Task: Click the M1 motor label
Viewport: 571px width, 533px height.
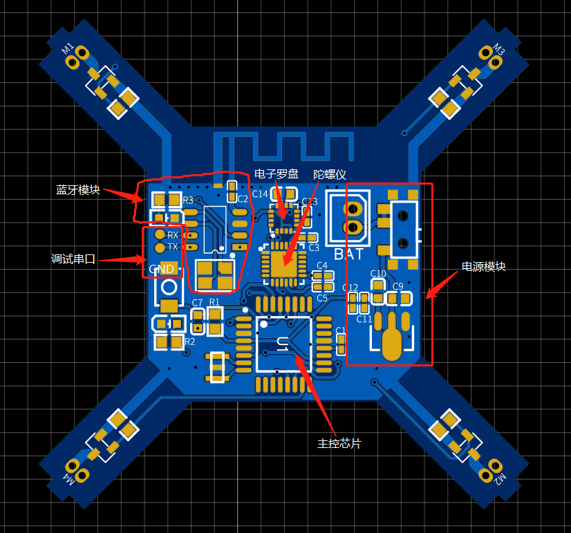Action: click(x=68, y=48)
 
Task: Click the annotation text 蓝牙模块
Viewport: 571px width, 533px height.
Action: click(x=78, y=189)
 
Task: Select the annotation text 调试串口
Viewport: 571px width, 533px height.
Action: click(x=73, y=259)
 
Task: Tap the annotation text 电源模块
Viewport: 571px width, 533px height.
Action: click(x=484, y=266)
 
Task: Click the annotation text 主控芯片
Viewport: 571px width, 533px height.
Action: click(x=339, y=443)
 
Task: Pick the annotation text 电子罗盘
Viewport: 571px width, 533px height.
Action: click(x=277, y=174)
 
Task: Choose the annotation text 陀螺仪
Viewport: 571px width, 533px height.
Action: click(x=330, y=174)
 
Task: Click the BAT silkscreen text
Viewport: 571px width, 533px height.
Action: click(x=348, y=254)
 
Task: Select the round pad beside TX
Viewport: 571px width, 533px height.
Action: click(x=160, y=247)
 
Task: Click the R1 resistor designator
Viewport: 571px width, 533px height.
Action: click(x=214, y=302)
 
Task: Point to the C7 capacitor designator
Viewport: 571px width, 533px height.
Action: click(x=197, y=303)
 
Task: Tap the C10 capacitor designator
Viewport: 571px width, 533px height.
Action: click(x=378, y=273)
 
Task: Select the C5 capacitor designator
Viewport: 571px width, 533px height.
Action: click(x=322, y=298)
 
